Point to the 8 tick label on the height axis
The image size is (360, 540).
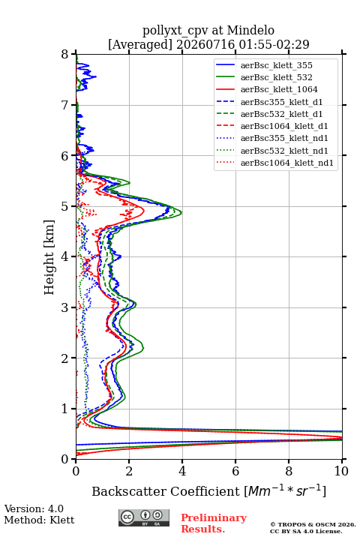point(65,54)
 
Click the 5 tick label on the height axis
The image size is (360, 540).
point(65,206)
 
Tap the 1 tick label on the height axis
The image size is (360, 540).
point(65,409)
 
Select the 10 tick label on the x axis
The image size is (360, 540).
point(341,471)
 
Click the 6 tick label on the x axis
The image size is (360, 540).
point(235,471)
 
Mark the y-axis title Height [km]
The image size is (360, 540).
point(49,257)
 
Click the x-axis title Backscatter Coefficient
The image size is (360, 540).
point(165,491)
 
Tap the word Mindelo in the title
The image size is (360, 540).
point(250,30)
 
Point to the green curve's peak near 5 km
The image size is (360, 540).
point(181,212)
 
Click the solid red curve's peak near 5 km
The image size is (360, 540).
point(144,210)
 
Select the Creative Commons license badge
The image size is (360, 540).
point(144,518)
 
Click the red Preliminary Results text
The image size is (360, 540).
point(214,523)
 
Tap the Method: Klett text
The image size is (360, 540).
point(39,520)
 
